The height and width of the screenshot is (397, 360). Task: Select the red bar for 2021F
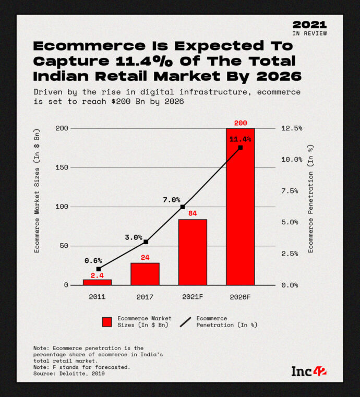pyautogui.click(x=193, y=252)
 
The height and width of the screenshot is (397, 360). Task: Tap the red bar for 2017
pyautogui.click(x=145, y=274)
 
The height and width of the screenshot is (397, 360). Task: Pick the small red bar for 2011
pyautogui.click(x=98, y=282)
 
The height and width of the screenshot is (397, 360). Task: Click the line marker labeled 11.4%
pyautogui.click(x=240, y=148)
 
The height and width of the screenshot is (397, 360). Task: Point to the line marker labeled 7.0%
pyautogui.click(x=183, y=207)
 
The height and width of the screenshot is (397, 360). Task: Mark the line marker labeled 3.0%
pyautogui.click(x=146, y=242)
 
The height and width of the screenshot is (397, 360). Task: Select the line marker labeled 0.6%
pyautogui.click(x=98, y=269)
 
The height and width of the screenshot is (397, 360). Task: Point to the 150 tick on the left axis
pyautogui.click(x=61, y=167)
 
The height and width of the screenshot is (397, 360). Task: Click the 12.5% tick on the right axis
pyautogui.click(x=291, y=128)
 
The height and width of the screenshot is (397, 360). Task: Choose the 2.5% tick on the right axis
pyautogui.click(x=290, y=254)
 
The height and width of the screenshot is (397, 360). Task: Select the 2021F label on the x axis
pyautogui.click(x=193, y=296)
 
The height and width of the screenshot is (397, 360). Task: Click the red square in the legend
pyautogui.click(x=107, y=322)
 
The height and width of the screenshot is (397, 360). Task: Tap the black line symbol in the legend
pyautogui.click(x=185, y=322)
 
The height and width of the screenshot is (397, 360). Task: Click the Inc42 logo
pyautogui.click(x=309, y=371)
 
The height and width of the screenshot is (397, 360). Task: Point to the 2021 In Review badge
pyautogui.click(x=309, y=28)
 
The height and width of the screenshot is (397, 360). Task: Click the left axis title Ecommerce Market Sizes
pyautogui.click(x=37, y=191)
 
